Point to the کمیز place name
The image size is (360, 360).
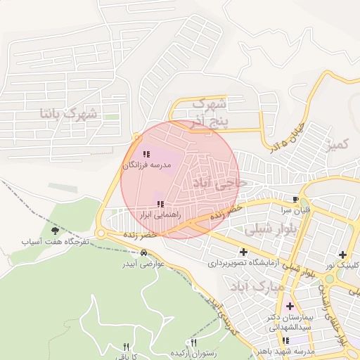tap(336, 144)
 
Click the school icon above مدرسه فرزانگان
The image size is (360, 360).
tap(146, 154)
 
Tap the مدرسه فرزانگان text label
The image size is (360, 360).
tap(146, 165)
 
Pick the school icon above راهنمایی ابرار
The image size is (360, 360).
tap(161, 204)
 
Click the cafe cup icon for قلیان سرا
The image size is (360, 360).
tap(296, 199)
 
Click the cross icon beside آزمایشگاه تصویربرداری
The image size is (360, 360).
tap(243, 252)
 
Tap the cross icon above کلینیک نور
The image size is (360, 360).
tap(342, 255)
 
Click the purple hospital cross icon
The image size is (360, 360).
tap(290, 306)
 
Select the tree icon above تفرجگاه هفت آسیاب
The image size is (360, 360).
tap(55, 230)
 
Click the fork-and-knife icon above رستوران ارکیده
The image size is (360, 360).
tap(193, 342)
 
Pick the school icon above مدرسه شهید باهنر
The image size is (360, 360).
tap(285, 341)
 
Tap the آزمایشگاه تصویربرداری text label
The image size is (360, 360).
tap(243, 264)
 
